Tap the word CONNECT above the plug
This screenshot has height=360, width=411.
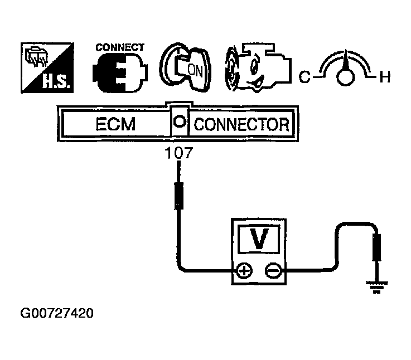click(120, 47)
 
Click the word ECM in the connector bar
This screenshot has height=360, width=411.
click(116, 123)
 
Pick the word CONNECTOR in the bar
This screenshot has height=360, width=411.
click(241, 123)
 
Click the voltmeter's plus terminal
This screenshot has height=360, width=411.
click(244, 271)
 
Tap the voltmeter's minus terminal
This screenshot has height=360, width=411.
click(272, 271)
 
